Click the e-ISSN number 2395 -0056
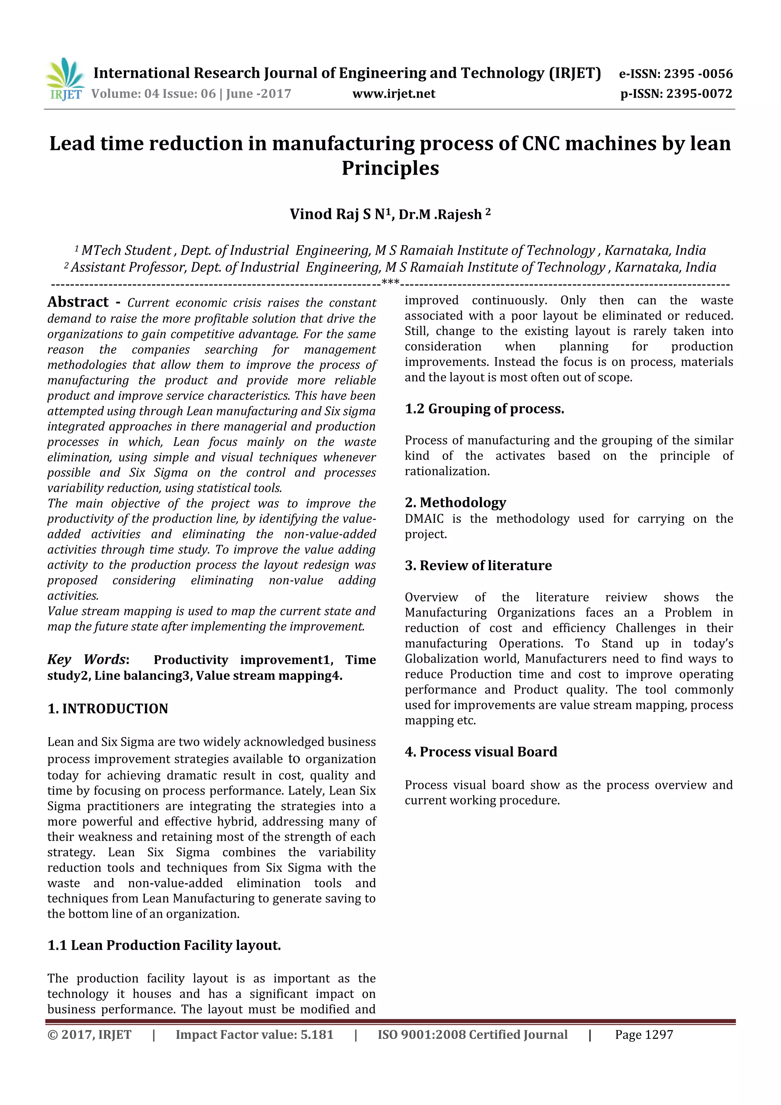pos(698,74)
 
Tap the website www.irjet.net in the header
pos(394,94)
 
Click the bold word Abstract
pos(78,302)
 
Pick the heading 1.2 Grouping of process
pos(484,409)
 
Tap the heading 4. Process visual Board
pos(481,751)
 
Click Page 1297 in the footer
pos(643,1034)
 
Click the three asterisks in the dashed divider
pos(390,282)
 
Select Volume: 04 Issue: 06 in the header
pos(154,94)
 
